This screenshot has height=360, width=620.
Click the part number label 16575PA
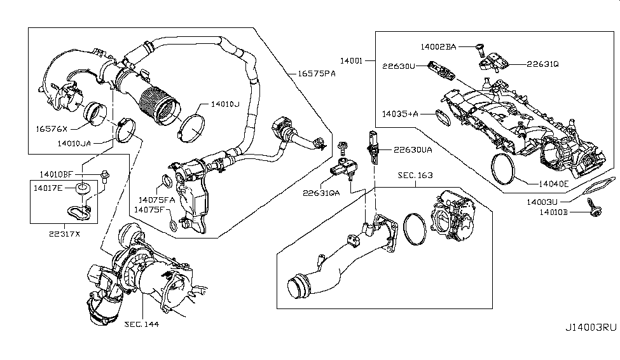[316, 73]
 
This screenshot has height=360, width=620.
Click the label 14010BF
[57, 174]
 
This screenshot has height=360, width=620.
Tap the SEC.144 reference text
[141, 324]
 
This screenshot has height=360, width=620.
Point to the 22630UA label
[413, 150]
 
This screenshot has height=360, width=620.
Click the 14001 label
[350, 62]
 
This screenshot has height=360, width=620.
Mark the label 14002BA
[439, 46]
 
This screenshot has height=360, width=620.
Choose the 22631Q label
[542, 64]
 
